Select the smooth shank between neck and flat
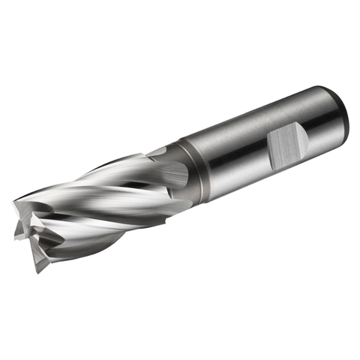pos(225,150)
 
